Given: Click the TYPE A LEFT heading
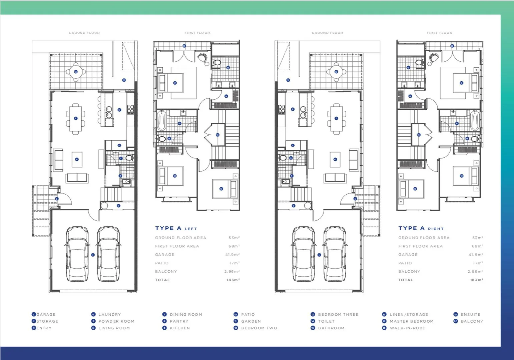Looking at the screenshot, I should click(x=176, y=228).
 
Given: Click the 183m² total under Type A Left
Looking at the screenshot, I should click(x=233, y=280).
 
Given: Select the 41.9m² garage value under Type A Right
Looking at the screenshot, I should click(x=476, y=255).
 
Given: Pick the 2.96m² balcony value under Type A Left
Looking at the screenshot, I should click(x=232, y=272).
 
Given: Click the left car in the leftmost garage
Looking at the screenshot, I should click(x=77, y=254).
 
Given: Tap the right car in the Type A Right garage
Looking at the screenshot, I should click(x=335, y=254).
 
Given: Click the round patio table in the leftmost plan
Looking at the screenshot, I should click(x=76, y=72).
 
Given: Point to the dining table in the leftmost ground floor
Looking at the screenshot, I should click(x=76, y=119).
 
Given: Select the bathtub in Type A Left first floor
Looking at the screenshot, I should click(x=162, y=121).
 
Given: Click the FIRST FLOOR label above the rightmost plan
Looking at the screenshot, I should click(x=440, y=33).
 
